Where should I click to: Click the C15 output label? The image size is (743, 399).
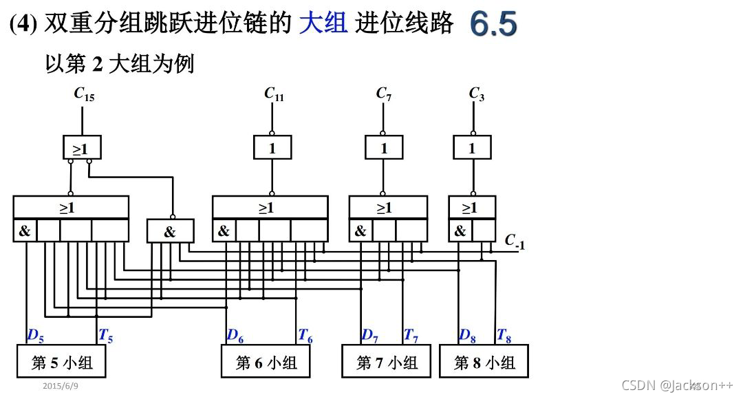coord(84,94)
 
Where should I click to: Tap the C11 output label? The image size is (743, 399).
coord(274,94)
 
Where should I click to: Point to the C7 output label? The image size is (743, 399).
coord(384,94)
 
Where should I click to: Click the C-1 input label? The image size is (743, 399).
coord(515,241)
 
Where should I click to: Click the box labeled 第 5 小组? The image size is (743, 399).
coord(62,361)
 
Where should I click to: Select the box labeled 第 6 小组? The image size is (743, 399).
coord(266,362)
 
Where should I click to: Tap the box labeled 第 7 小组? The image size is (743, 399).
coord(386,362)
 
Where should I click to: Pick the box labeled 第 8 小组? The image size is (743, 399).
coord(484,362)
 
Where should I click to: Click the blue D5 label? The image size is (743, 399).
coord(35,336)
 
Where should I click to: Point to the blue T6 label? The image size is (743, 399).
coord(305,336)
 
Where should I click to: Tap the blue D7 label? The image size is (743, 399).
coord(370,336)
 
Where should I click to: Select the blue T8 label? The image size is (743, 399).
coord(504,336)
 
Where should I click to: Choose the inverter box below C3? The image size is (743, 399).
coord(472,147)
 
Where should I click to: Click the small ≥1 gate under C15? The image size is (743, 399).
coord(81,147)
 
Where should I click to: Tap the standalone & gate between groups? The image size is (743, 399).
coord(170,231)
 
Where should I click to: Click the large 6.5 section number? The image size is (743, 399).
coord(494,25)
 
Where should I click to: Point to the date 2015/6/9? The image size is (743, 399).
coord(61,387)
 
